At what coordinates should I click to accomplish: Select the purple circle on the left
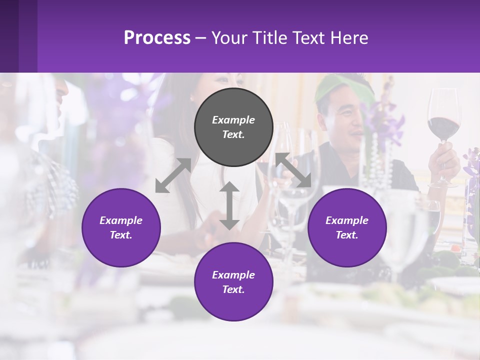121,227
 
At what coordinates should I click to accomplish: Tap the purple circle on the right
347,227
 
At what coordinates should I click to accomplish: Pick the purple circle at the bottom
233,281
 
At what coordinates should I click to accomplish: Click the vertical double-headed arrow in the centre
229,205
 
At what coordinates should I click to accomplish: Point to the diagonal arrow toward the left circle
173,175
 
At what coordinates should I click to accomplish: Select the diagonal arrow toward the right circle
293,170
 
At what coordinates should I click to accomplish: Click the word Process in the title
157,37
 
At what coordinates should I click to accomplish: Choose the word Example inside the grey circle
233,120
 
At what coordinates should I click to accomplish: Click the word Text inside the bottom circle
233,289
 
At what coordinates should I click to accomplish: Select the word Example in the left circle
121,220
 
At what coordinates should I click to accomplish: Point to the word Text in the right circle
347,235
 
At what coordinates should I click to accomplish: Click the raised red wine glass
443,120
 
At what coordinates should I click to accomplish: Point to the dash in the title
201,38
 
